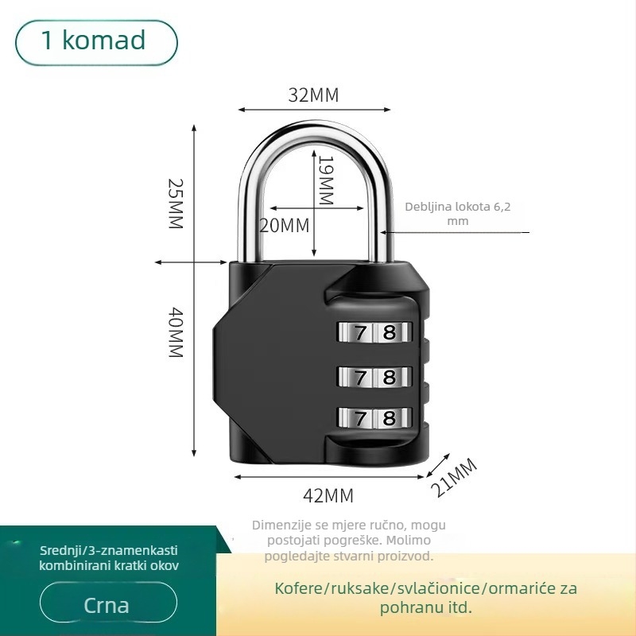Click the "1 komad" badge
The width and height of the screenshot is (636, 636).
tap(96, 43)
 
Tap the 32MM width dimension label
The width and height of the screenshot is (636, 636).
tap(313, 95)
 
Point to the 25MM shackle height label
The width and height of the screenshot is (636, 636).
tap(176, 204)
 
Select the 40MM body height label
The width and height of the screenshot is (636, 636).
tap(176, 332)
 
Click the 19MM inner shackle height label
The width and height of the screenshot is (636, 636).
tap(326, 180)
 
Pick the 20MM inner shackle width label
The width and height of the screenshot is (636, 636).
tap(285, 226)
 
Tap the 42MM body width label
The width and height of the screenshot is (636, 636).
tap(328, 495)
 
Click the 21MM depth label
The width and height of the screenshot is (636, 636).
tap(454, 477)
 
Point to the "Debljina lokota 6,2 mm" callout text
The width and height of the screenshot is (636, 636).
tap(458, 213)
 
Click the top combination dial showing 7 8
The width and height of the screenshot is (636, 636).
tap(374, 332)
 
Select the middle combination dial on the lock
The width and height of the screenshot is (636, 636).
tap(374, 377)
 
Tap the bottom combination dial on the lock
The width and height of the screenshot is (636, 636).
tap(374, 418)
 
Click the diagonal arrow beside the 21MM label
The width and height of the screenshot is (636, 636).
tap(438, 466)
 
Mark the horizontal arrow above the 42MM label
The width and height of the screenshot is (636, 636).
tap(329, 477)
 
